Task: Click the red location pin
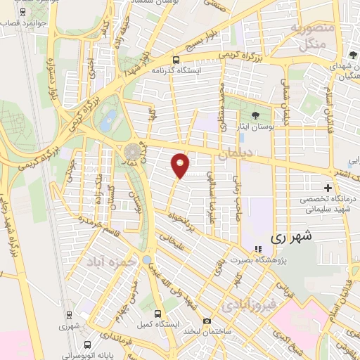tap(181, 165)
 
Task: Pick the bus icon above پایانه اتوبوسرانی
tap(87, 345)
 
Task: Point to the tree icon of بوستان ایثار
tap(254, 116)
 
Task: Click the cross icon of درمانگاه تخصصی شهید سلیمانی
tap(328, 188)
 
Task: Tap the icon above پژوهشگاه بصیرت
tap(257, 248)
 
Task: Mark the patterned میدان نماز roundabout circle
tap(131, 152)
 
